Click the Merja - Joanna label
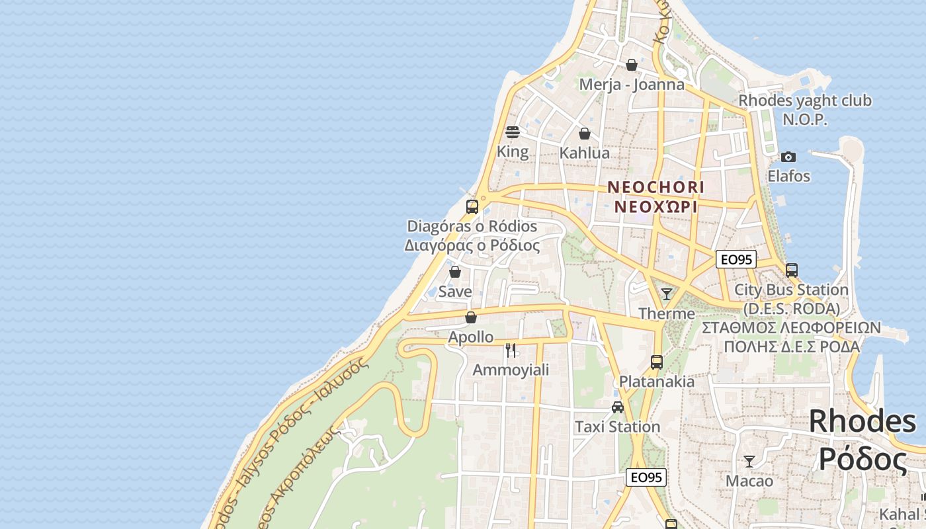pyautogui.click(x=632, y=85)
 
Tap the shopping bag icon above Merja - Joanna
pyautogui.click(x=632, y=65)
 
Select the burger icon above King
pyautogui.click(x=513, y=132)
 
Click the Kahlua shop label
pyautogui.click(x=585, y=153)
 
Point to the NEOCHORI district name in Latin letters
pyautogui.click(x=656, y=187)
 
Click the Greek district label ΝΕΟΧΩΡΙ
pyautogui.click(x=656, y=206)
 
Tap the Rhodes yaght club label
pyautogui.click(x=805, y=101)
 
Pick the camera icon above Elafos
pyautogui.click(x=788, y=157)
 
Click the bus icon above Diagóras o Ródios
pyautogui.click(x=472, y=206)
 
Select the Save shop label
pyautogui.click(x=455, y=292)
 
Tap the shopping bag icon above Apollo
pyautogui.click(x=471, y=317)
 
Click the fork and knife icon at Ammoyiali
pyautogui.click(x=511, y=350)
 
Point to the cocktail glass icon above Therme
pyautogui.click(x=667, y=294)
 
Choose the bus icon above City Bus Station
pyautogui.click(x=791, y=270)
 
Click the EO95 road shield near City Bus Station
pyautogui.click(x=736, y=259)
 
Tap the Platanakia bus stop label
pyautogui.click(x=657, y=382)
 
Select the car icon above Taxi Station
pyautogui.click(x=617, y=407)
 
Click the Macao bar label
pyautogui.click(x=749, y=481)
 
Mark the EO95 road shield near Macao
pyautogui.click(x=646, y=477)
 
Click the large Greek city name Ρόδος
pyautogui.click(x=863, y=459)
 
